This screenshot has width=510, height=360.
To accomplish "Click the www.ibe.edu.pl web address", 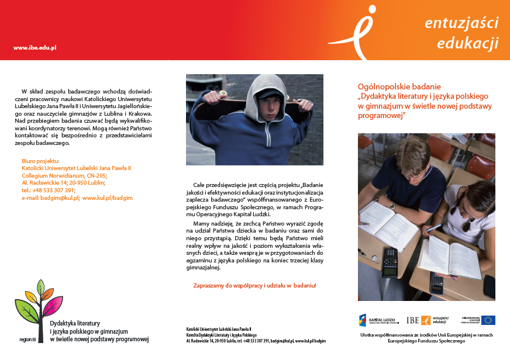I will pos(35,47).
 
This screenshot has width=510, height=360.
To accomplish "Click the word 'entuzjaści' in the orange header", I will pos(461,23).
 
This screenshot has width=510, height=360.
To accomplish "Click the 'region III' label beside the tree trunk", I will pos(27,339).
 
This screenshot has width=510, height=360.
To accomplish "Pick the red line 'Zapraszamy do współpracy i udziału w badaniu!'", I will pos(254,285).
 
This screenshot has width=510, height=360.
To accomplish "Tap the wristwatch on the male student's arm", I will pos(392,205).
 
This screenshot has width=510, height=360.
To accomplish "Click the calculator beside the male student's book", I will pos(390,261).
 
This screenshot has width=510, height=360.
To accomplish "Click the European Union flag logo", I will pos(488,320).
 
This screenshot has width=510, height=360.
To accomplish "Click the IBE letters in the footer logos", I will pos(412,320).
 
